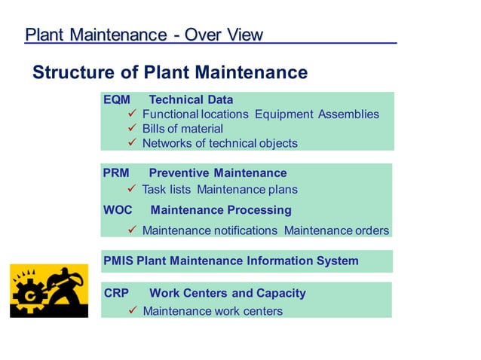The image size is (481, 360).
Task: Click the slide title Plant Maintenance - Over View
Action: (144, 35)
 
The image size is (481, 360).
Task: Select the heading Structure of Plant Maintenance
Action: (170, 72)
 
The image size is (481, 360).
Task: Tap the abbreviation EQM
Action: (117, 99)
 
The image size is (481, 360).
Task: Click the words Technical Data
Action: (191, 99)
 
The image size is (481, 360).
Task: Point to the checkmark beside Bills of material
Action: (131, 129)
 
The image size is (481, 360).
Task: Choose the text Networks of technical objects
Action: (219, 143)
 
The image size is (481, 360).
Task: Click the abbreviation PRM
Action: (116, 172)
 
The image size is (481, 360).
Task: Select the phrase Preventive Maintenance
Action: (218, 172)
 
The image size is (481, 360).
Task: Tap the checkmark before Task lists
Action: (131, 189)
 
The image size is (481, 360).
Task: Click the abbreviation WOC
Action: (118, 210)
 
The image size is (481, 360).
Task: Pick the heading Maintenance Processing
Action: (221, 210)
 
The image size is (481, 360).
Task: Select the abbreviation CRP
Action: (116, 293)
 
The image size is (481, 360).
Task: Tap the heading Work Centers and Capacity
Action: (228, 293)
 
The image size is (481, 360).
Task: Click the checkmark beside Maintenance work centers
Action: (131, 310)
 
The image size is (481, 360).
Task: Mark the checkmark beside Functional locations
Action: (131, 114)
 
